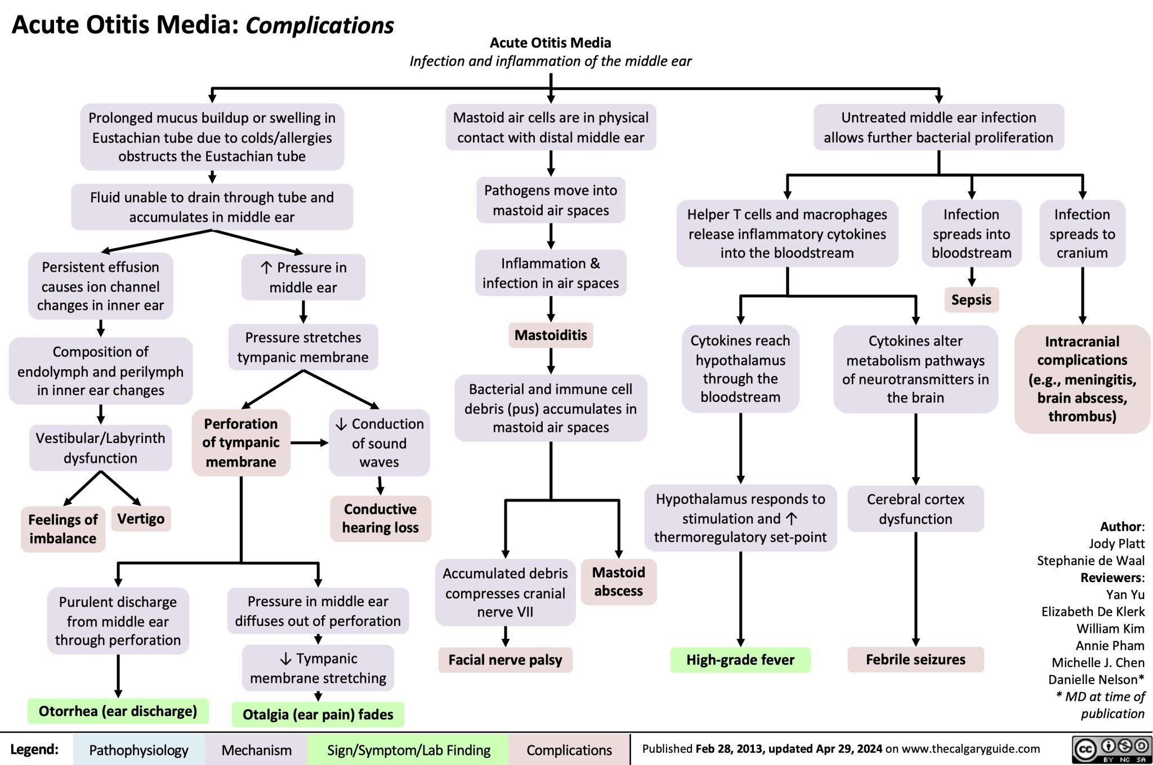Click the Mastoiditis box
(551, 335)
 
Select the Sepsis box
(971, 299)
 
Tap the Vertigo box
(141, 518)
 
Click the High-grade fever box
(740, 660)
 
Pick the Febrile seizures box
(915, 659)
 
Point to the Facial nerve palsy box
(505, 660)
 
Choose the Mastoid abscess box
(618, 581)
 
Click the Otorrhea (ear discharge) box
(118, 711)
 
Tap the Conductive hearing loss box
(380, 518)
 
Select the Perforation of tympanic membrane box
(241, 442)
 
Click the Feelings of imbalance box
(62, 529)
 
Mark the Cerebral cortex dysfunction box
(915, 509)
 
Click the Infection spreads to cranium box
(1082, 233)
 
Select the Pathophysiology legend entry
(138, 750)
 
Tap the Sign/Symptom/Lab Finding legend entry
(408, 750)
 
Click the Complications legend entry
(569, 750)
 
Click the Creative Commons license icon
(1111, 749)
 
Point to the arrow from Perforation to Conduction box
(310, 443)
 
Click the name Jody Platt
(1116, 543)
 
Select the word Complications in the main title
(320, 25)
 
